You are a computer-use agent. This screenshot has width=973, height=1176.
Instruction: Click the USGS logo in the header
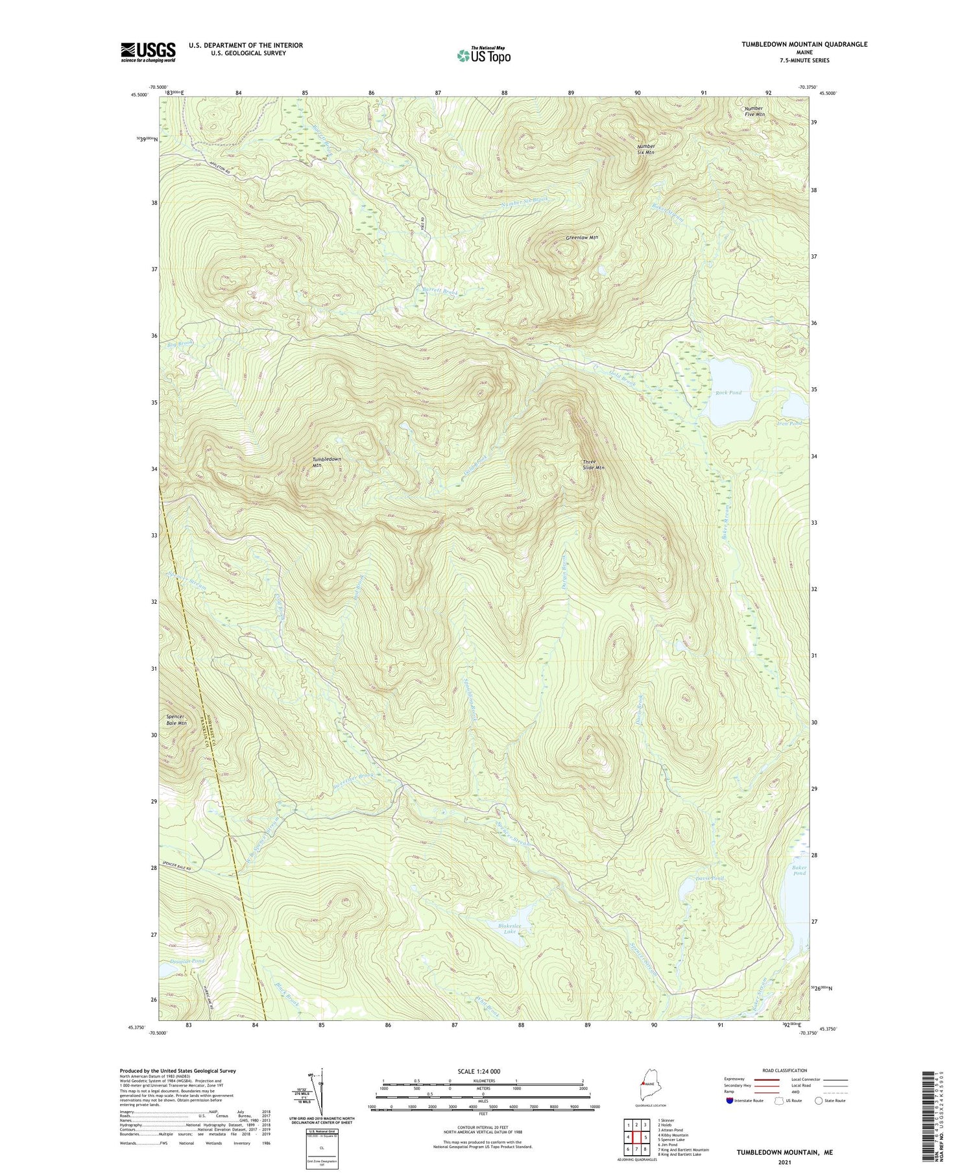coord(148,52)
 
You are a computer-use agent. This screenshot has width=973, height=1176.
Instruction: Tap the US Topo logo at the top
coord(483,55)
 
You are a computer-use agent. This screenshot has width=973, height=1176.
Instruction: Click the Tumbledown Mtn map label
coord(326,462)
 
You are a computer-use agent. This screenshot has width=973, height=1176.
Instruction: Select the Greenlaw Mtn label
coord(581,237)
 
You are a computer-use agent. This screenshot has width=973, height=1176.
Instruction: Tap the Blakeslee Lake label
coord(510,928)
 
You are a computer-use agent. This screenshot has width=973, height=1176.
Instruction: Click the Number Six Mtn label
coord(645,149)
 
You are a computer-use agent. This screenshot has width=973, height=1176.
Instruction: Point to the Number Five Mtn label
coord(754,111)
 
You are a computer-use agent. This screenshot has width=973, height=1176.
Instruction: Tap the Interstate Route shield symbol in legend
coord(730,1101)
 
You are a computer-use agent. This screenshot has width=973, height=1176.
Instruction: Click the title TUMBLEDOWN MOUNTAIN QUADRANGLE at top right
coord(804,44)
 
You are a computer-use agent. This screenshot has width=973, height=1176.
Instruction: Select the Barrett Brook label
coord(440,292)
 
